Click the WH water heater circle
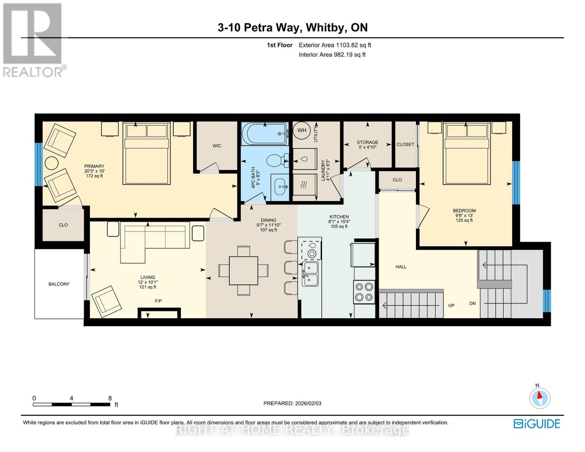click(x=302, y=131)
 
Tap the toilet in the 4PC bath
click(x=277, y=160)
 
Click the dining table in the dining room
click(x=243, y=270)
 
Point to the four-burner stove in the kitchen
click(x=364, y=292)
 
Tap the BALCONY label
click(x=59, y=284)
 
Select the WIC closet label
click(x=217, y=146)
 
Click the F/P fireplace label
click(x=159, y=301)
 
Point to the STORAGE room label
click(x=367, y=142)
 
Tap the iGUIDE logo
click(x=537, y=424)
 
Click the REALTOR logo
click(x=33, y=40)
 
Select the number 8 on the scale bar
click(x=110, y=398)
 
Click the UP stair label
click(x=451, y=305)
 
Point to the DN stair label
click(x=472, y=303)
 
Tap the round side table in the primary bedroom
click(x=52, y=163)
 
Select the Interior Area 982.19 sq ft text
click(x=332, y=55)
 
